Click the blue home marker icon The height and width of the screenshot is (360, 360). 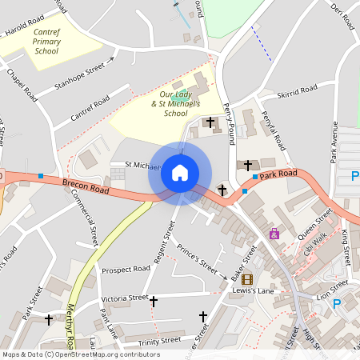[180, 173]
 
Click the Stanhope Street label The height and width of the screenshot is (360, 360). [79, 76]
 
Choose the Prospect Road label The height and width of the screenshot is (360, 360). [126, 270]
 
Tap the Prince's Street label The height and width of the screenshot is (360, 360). [197, 258]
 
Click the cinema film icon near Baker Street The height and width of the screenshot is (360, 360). [246, 279]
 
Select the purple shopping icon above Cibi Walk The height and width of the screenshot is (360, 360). [274, 234]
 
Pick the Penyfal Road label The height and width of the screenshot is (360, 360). [273, 131]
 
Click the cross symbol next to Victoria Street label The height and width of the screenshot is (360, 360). [154, 301]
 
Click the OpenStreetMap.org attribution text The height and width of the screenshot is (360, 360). [96, 354]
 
